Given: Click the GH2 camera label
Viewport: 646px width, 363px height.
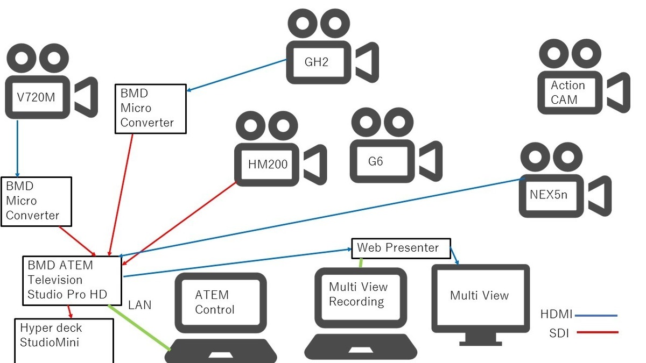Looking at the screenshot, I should click(x=316, y=61).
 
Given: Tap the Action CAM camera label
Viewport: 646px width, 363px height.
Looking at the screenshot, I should click(x=567, y=92).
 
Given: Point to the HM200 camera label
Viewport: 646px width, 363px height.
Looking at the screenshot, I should click(x=268, y=164).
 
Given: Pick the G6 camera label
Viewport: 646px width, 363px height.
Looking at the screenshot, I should click(x=375, y=161).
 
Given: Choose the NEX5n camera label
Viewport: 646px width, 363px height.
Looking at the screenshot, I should click(x=549, y=194).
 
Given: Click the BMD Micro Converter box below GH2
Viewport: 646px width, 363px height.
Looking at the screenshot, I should click(x=151, y=108).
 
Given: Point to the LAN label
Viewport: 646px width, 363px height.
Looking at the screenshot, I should click(x=139, y=305).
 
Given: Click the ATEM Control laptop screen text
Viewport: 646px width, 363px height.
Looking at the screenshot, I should click(x=215, y=302).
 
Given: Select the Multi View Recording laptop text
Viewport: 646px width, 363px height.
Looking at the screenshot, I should click(x=358, y=294).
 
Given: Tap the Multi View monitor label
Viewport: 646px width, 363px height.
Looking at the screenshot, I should click(x=479, y=295).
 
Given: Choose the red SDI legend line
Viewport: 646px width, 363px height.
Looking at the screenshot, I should click(x=598, y=333).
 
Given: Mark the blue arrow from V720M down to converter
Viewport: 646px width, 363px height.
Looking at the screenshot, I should click(x=17, y=148).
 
